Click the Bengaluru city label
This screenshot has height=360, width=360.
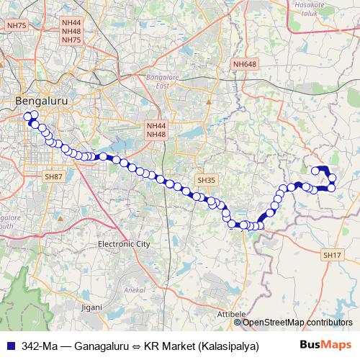42,102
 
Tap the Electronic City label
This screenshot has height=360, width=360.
124,244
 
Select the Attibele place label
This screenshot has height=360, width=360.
231,315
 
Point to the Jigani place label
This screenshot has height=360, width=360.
91,307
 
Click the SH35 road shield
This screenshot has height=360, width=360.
207,180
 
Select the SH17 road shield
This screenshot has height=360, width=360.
332,255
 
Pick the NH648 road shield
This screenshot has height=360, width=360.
245,65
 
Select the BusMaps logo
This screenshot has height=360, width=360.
326,345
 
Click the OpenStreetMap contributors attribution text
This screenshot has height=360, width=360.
300,322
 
